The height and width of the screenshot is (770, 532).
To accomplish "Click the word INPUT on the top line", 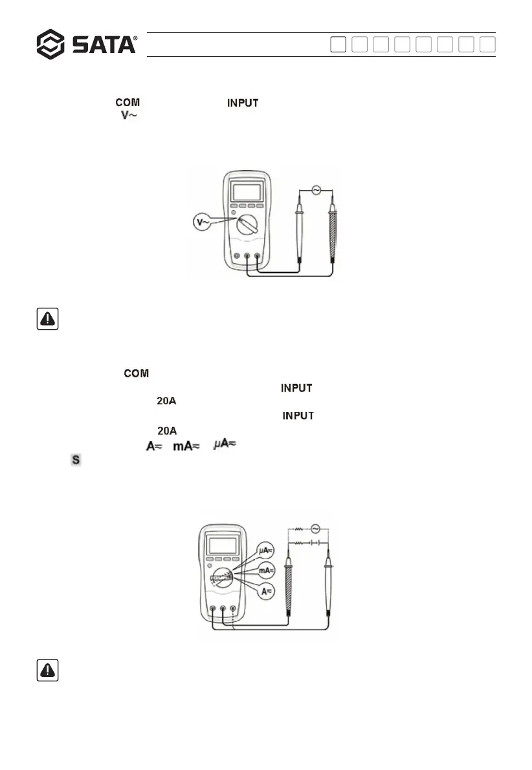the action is pyautogui.click(x=242, y=102).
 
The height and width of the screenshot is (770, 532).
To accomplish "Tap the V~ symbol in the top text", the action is pyautogui.click(x=130, y=114).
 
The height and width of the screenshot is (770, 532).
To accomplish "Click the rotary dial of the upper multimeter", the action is pyautogui.click(x=247, y=224).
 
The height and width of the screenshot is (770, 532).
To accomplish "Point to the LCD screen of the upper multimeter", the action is pyautogui.click(x=247, y=192).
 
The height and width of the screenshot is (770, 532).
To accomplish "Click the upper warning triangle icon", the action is pyautogui.click(x=48, y=319).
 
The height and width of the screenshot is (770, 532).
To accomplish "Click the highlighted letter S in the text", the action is pyautogui.click(x=75, y=460).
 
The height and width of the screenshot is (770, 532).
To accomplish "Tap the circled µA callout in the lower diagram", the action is pyautogui.click(x=266, y=551).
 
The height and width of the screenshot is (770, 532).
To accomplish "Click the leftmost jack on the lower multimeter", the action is pyautogui.click(x=213, y=608).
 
